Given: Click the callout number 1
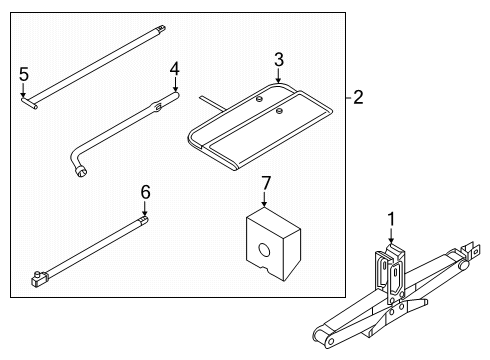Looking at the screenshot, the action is click(x=391, y=220).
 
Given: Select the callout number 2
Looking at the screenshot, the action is click(x=358, y=97).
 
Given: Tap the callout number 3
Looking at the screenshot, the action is click(x=279, y=60).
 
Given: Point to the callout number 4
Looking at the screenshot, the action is click(x=175, y=69).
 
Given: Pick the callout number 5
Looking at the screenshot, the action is click(x=24, y=74).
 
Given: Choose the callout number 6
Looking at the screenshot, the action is click(x=145, y=192).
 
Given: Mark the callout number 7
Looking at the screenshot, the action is click(x=266, y=183).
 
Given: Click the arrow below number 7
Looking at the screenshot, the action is click(x=264, y=199).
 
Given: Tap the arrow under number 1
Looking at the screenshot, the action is click(x=391, y=235).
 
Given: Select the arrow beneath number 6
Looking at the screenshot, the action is click(x=145, y=208).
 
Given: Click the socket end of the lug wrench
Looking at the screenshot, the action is click(x=81, y=172).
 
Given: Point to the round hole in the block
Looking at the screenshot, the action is click(x=264, y=250).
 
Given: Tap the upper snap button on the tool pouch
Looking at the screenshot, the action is click(x=258, y=99).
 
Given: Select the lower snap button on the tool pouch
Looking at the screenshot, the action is click(x=280, y=111).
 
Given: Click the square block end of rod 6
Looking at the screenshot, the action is click(x=40, y=278).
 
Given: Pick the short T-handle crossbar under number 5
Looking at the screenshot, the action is click(x=29, y=103).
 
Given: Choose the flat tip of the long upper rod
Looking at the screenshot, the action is click(x=161, y=28).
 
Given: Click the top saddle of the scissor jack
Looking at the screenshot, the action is click(x=395, y=250).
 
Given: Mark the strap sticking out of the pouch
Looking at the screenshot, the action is click(x=213, y=104).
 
